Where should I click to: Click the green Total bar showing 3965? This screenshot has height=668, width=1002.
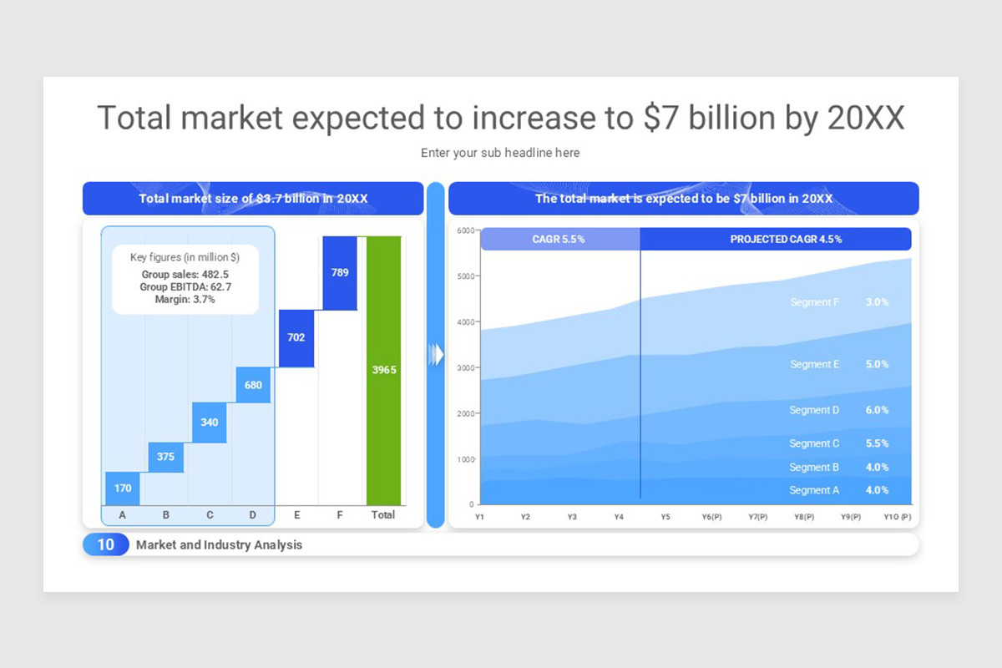384,370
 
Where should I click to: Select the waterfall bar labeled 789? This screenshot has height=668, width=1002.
340,273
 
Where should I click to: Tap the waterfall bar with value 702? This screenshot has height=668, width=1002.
296,338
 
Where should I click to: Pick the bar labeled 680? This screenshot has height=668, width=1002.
253,385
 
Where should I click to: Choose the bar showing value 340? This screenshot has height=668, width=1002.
210,423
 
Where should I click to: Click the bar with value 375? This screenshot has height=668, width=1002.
165,457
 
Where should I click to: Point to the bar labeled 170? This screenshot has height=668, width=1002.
123,488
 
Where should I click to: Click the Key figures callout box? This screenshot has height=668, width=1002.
185,279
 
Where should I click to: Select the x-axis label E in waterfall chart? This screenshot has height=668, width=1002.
296,515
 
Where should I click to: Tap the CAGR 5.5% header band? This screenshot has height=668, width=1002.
559,239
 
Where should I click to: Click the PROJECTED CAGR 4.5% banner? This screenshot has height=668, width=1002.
785,239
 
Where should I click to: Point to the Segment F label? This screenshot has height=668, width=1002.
814,302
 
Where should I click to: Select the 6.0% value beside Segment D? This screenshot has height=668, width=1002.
877,410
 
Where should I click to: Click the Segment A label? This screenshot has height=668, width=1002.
814,490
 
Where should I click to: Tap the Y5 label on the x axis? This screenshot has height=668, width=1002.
665,518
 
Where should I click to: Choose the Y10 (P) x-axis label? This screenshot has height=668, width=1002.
898,518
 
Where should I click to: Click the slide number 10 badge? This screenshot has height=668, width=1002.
106,544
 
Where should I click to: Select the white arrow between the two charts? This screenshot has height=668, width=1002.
436,355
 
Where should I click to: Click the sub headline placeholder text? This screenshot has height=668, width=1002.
500,153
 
